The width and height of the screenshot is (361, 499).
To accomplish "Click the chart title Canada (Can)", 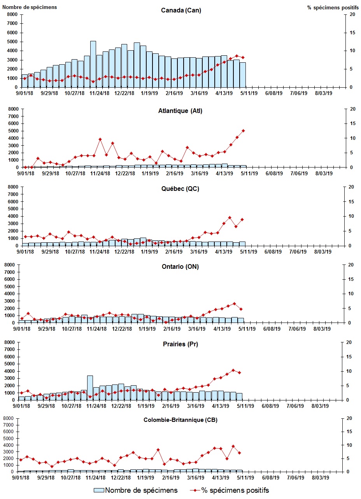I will tap(181, 10).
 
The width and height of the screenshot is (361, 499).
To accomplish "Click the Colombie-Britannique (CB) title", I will tap(180, 420).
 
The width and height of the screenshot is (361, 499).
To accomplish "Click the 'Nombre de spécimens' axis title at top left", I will tap(30, 7).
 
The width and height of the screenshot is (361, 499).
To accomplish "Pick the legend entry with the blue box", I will tap(136, 490).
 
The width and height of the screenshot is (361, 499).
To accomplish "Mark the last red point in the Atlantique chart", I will tap(243, 130).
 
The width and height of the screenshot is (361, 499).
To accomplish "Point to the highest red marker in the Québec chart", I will tap(230, 217).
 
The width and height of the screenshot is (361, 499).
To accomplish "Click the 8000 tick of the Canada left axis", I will tap(12, 14).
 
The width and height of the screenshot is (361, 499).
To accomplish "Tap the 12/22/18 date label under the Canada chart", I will tap(124, 93).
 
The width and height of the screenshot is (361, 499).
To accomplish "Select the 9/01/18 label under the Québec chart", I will tap(25, 252).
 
